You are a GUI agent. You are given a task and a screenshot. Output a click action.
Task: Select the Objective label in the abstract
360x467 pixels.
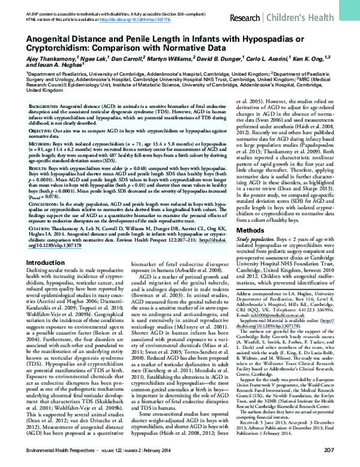click(41, 129)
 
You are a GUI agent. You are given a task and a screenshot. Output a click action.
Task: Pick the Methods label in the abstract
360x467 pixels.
click(40, 143)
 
